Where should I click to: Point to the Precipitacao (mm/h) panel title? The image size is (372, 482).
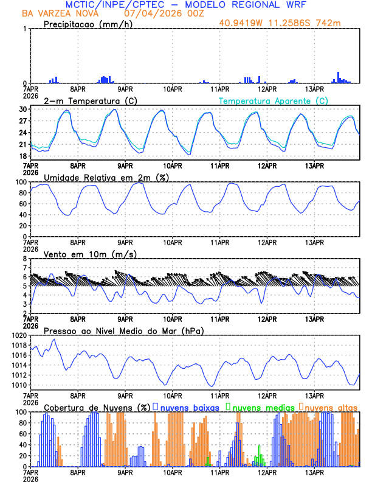coord(88,24)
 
